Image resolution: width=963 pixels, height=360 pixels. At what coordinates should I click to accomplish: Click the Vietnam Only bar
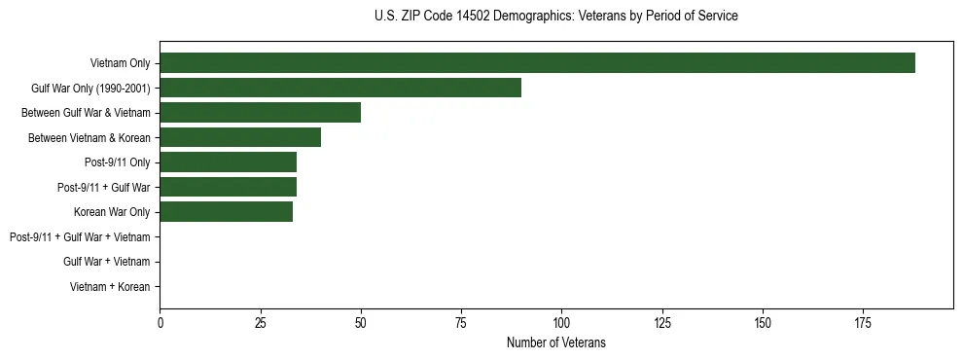[x=537, y=63]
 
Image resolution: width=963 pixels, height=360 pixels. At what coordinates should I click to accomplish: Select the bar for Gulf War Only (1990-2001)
[x=340, y=88]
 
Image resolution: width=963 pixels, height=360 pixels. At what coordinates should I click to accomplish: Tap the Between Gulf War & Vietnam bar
[x=260, y=113]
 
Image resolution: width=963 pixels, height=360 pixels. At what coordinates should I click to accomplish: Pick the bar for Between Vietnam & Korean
[x=240, y=137]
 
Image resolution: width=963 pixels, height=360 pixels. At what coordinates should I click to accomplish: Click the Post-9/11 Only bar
[x=228, y=162]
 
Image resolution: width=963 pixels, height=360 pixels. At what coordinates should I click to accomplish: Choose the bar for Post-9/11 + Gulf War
[x=228, y=187]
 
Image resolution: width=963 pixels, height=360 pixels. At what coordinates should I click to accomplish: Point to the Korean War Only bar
[x=226, y=211]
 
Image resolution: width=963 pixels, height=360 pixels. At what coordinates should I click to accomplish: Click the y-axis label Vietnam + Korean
[x=110, y=287]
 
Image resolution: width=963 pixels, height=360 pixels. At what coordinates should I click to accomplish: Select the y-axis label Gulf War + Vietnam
[x=106, y=262]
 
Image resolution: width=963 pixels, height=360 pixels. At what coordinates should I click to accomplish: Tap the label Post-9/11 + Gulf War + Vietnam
[x=80, y=236]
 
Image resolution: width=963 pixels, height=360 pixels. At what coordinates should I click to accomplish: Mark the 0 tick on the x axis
[x=160, y=322]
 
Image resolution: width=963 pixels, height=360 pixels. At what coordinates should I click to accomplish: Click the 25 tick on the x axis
[x=260, y=322]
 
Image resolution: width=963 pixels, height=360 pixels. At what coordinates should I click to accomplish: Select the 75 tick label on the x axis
[x=461, y=322]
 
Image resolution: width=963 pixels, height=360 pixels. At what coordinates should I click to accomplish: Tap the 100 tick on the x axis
[x=561, y=322]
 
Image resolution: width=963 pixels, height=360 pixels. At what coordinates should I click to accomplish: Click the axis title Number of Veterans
[x=555, y=342]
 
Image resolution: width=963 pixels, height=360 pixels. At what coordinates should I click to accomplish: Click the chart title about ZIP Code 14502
[x=555, y=17]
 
